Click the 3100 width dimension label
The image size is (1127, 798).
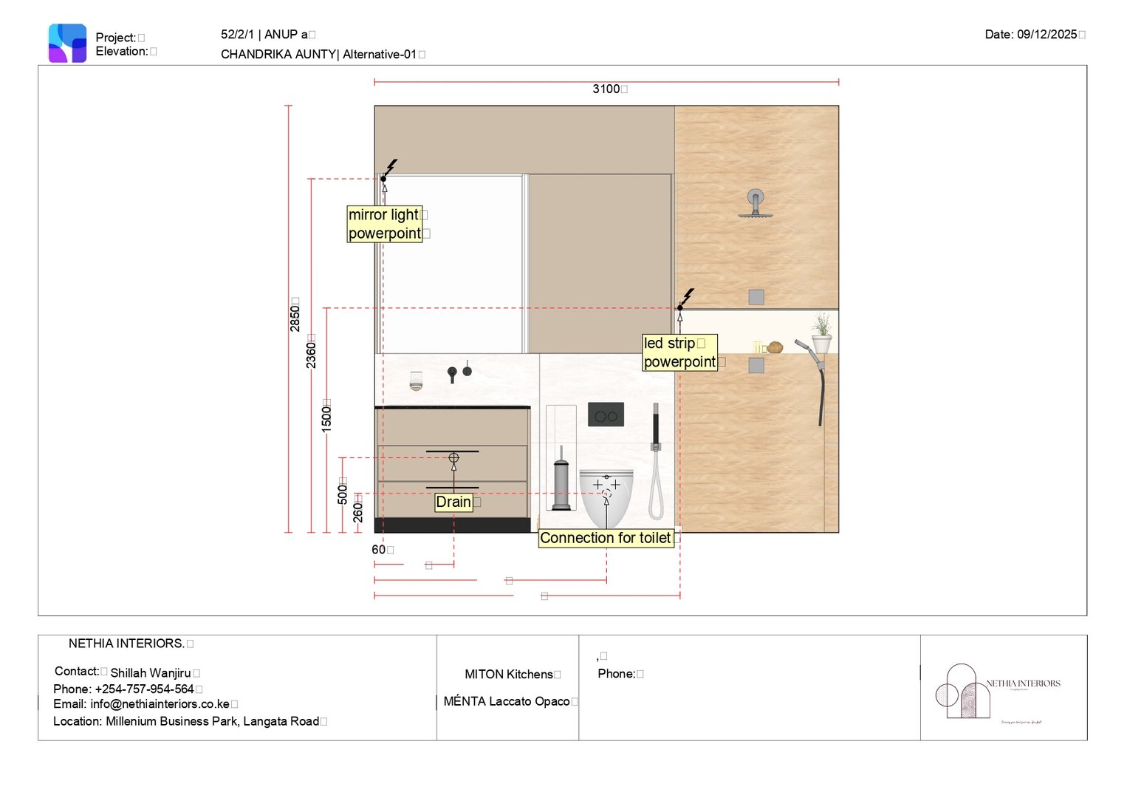point(606,89)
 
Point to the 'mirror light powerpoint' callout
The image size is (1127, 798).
point(385,224)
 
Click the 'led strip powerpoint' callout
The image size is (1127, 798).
point(679,352)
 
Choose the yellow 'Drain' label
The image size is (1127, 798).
point(453,502)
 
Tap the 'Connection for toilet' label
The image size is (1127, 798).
point(606,538)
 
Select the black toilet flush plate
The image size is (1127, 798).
point(606,415)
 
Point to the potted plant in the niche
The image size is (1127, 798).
point(821,333)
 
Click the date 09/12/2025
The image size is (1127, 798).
point(1046,35)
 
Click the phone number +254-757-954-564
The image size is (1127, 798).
point(144,689)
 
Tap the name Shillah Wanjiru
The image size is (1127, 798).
point(151,673)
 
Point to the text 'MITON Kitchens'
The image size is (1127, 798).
point(509,675)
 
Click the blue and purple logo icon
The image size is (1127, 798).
point(67,43)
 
